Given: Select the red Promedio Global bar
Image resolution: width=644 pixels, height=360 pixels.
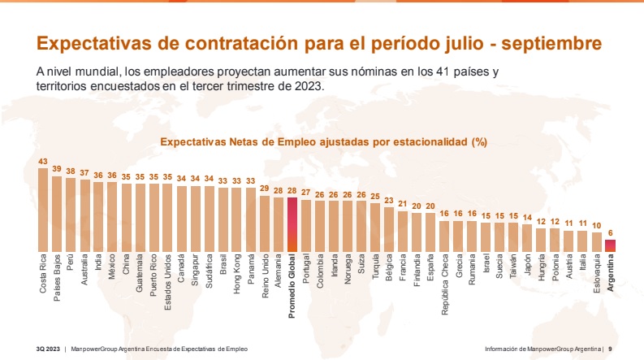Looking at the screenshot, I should (292, 224).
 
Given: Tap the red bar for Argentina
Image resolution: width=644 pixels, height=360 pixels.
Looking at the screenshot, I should (610, 245).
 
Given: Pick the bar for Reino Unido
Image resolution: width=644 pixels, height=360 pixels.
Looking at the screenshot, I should (265, 223).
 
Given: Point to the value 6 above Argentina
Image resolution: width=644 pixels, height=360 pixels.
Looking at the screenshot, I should (610, 233).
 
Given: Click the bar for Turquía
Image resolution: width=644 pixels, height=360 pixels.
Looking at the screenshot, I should (375, 227).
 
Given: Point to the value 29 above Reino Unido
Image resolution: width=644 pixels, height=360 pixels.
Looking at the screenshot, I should (265, 188).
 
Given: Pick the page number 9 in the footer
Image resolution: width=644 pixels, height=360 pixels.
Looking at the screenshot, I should (610, 348).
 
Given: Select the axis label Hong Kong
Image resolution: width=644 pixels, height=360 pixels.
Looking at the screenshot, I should (237, 275).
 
